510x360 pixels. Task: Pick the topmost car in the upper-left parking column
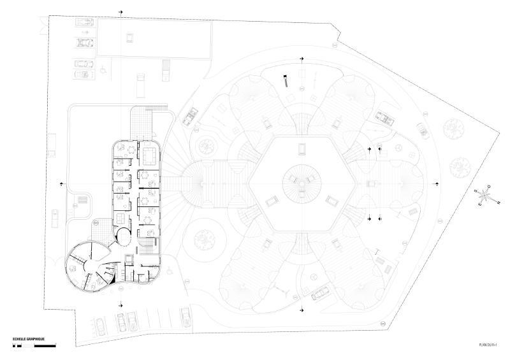click(x=83, y=22)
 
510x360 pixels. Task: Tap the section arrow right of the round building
click(x=437, y=183)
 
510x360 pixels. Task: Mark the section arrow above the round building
click(x=302, y=59)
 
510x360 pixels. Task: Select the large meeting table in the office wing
click(x=150, y=154)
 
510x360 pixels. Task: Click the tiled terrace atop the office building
click(x=143, y=120)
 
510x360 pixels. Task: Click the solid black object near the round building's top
click(x=286, y=80)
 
